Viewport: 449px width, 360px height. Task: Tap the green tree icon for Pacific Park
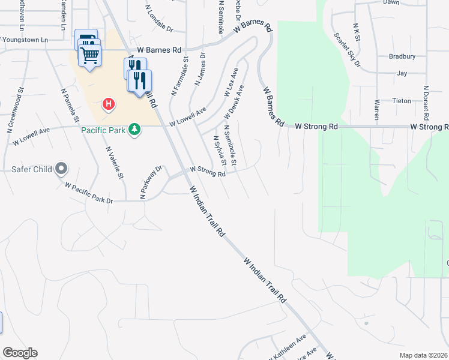136,130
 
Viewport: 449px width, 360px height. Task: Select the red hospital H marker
109,104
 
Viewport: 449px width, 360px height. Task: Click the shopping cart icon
90,56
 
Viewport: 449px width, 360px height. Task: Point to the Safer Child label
32,169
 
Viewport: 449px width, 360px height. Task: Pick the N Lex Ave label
231,82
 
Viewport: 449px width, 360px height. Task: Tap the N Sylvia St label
220,151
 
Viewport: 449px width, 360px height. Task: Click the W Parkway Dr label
151,182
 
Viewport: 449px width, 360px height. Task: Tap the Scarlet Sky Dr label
348,50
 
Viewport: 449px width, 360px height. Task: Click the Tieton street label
402,101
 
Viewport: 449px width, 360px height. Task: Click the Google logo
20,353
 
